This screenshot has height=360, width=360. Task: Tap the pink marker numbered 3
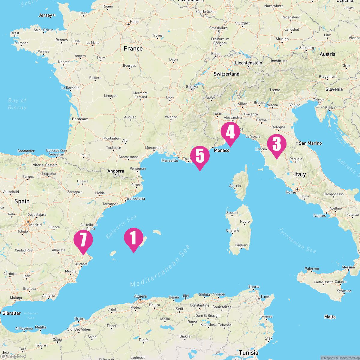pos(276,145)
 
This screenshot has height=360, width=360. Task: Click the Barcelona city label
pos(136,198)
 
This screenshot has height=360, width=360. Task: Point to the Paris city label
pos(135,22)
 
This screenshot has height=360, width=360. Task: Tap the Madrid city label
pos(36,225)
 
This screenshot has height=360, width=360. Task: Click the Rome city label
pos(291,192)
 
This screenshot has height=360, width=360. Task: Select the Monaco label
pos(222,150)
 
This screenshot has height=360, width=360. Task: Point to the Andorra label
pos(115,171)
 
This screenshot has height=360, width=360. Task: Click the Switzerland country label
pos(226,74)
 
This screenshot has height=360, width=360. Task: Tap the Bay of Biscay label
pos(17,104)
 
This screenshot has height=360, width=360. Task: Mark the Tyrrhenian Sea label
pos(297,240)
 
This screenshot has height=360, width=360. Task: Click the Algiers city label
pos(140,296)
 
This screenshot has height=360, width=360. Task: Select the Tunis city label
pos(265,296)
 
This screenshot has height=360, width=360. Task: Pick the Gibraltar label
pos(11,313)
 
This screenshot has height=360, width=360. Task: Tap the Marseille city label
pos(169,160)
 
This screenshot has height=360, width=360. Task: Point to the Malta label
pos(330,317)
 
